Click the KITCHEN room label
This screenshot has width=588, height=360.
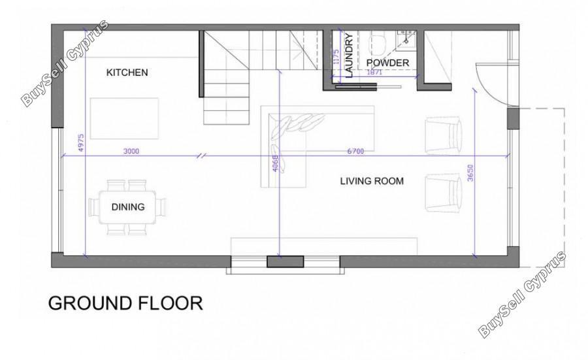pos(127,73)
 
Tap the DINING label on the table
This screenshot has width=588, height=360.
pos(128,206)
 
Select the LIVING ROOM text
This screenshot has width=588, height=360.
pos(372,181)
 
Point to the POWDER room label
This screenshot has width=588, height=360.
pos(387,63)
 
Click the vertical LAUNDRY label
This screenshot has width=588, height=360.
pos(349,56)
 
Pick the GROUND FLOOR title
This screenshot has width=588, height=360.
pos(125,303)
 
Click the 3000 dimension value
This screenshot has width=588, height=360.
pos(131,151)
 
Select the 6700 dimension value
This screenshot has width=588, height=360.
pos(355,151)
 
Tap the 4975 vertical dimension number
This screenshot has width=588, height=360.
pos(81,143)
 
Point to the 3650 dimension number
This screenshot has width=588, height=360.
pos(471,173)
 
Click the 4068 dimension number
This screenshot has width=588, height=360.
pos(275,163)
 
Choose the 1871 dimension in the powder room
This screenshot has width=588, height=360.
pos(374,73)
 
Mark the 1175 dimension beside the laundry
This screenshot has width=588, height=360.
pos(336,57)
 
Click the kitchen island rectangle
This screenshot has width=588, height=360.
pos(124,118)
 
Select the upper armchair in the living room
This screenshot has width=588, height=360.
pos(443,135)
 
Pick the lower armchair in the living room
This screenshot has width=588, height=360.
pos(443,192)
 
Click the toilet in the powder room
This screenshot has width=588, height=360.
pos(378,44)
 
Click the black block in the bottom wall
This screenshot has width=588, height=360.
pos(285,261)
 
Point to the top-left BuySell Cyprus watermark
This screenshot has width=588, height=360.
pos(65,63)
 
